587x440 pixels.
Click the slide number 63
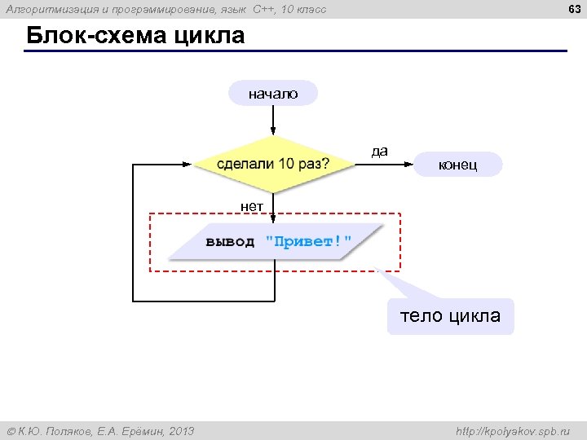click(572, 9)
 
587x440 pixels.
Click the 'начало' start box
click(273, 94)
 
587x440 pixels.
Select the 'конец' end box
click(457, 165)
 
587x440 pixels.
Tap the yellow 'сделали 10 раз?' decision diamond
click(273, 164)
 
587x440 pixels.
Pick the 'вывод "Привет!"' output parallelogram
click(277, 242)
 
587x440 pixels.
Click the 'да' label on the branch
click(379, 151)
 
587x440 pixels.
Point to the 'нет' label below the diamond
click(251, 206)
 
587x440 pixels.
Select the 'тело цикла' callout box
click(450, 316)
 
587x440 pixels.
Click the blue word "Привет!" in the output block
click(308, 242)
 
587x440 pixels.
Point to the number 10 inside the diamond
click(286, 164)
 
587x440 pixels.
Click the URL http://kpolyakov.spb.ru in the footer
click(513, 431)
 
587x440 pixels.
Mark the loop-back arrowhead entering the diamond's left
click(189, 165)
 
